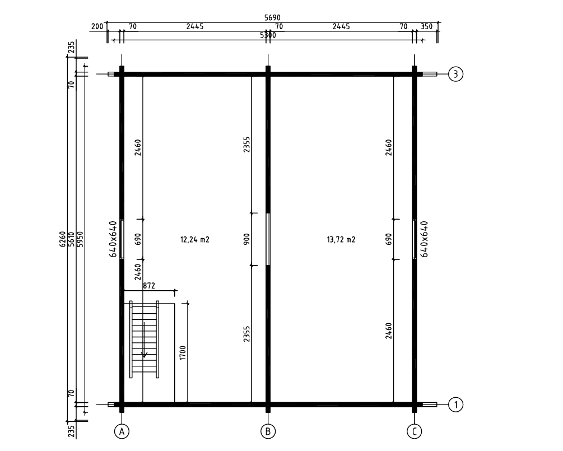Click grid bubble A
click(122, 431)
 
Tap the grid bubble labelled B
click(268, 431)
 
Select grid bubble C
click(415, 431)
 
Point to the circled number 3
click(455, 74)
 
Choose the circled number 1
click(455, 404)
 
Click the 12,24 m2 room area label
click(194, 239)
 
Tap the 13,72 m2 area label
click(341, 239)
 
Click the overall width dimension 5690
click(272, 17)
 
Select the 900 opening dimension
click(246, 239)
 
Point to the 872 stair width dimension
click(149, 286)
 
